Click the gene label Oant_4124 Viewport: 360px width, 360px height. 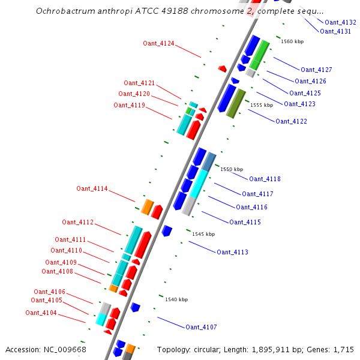click(158, 43)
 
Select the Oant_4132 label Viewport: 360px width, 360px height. click(340, 22)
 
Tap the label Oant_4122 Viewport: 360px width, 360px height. click(291, 121)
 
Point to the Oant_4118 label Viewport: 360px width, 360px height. click(265, 179)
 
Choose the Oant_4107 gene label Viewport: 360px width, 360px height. click(201, 327)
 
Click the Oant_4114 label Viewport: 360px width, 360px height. click(92, 188)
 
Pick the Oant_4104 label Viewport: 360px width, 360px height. click(41, 313)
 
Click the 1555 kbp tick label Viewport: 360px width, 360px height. click(262, 105)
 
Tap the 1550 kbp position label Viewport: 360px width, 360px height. click(232, 170)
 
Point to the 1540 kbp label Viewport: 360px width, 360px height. click(176, 299)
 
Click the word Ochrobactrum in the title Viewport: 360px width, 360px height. click(65, 11)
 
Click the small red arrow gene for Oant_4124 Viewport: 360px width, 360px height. click(222, 69)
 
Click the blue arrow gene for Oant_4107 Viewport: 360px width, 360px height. click(136, 308)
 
